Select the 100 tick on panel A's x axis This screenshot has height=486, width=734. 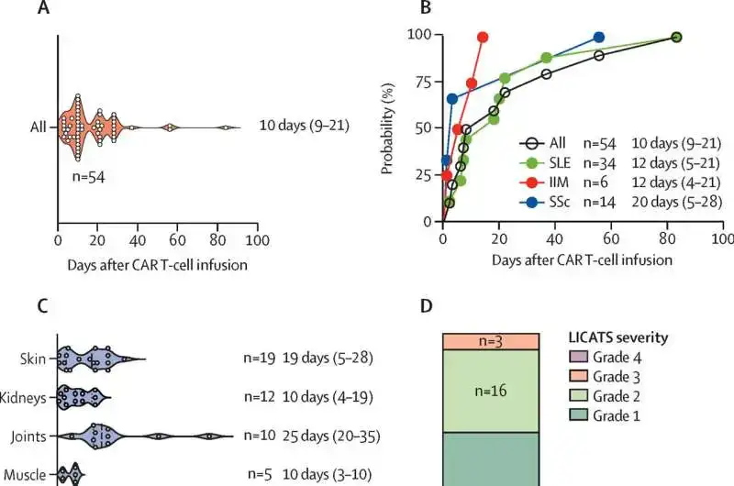tap(258, 240)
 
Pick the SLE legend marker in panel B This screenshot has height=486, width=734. tap(530, 161)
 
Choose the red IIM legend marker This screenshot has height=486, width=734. tap(530, 181)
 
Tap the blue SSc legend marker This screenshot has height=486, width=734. tap(530, 200)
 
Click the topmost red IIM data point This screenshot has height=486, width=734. tap(484, 38)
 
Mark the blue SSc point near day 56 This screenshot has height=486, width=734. tap(599, 38)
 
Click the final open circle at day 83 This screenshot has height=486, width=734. tap(676, 38)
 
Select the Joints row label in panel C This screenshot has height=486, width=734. tap(33, 436)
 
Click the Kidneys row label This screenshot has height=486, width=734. tap(29, 397)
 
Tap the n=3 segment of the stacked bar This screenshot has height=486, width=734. tap(489, 340)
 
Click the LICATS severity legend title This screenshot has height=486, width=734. tap(616, 338)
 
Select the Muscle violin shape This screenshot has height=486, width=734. tap(69, 474)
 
